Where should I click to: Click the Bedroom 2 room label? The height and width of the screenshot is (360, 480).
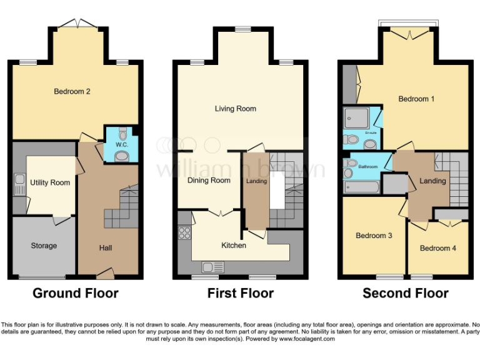(72, 91)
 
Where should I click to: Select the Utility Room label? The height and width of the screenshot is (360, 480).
(50, 183)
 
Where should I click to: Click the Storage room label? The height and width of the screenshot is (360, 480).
(44, 246)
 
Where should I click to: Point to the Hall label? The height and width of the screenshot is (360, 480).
(106, 248)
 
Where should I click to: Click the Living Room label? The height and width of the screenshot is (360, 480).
(236, 109)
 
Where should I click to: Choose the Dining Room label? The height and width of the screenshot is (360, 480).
(209, 181)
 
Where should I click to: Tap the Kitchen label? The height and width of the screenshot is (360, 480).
(234, 245)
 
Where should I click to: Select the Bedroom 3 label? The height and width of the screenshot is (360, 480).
(374, 236)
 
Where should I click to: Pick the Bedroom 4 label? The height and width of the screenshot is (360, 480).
(437, 248)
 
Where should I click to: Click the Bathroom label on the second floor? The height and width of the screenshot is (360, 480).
(368, 167)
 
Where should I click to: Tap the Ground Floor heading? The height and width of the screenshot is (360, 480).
(75, 293)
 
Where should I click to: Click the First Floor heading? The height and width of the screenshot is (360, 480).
(241, 293)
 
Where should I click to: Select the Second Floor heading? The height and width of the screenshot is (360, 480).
(406, 293)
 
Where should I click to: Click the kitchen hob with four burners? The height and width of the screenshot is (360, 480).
(185, 232)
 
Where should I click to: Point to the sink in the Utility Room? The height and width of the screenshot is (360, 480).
(19, 184)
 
